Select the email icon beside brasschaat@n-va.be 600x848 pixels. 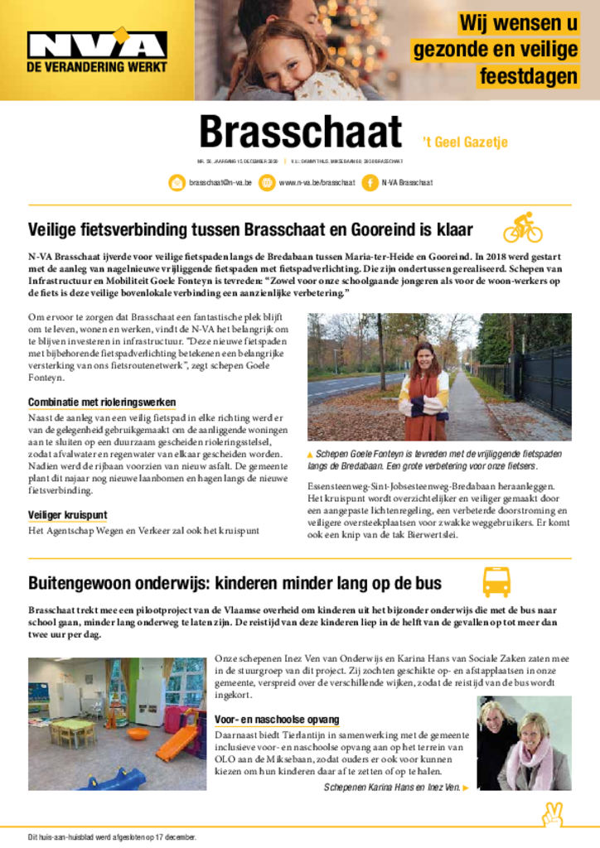tap(177, 182)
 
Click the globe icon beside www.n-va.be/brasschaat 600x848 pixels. tap(267, 182)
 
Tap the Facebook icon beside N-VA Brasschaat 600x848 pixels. tap(370, 182)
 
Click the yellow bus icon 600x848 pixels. tap(496, 582)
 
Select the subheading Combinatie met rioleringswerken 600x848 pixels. tap(102, 402)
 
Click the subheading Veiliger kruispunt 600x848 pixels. tap(67, 515)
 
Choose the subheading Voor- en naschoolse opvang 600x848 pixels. tap(277, 720)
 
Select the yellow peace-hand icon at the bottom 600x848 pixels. tap(552, 814)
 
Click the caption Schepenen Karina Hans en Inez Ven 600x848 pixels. tap(391, 787)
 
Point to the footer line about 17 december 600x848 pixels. tap(113, 837)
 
